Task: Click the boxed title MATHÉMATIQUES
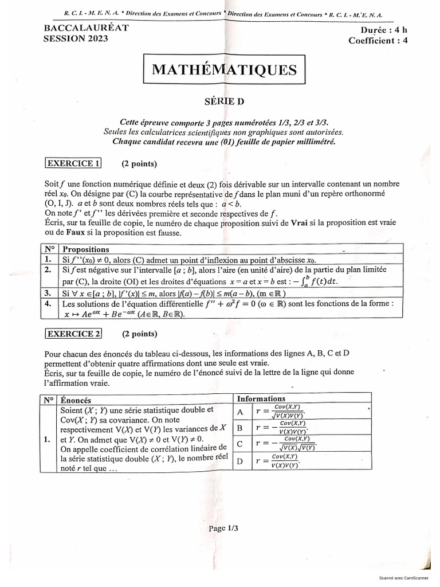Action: (x=225, y=70)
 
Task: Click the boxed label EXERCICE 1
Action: (x=73, y=163)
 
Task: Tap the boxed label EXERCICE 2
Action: (x=73, y=333)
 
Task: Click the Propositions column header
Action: (x=85, y=249)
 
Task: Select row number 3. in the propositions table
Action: (x=49, y=293)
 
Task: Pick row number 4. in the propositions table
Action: (x=49, y=303)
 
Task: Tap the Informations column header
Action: (x=261, y=398)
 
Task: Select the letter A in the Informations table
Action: (x=240, y=412)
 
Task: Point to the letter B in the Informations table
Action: (x=240, y=428)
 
